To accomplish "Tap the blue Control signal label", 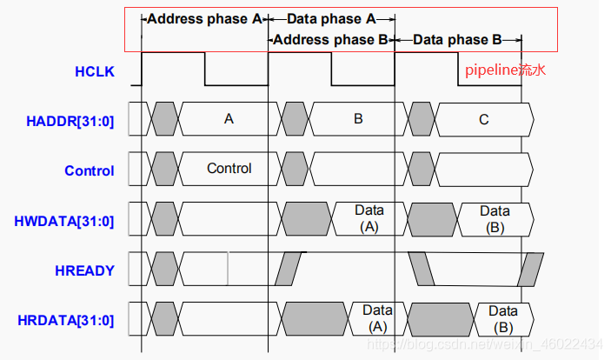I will (x=89, y=170).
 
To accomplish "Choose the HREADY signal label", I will (x=85, y=270).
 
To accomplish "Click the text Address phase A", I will (x=205, y=18).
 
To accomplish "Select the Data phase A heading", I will (x=331, y=18).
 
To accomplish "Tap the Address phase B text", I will (x=331, y=39).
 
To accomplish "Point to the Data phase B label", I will (x=458, y=39).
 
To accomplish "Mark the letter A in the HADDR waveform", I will (x=229, y=119).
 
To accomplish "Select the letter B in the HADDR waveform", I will (x=357, y=119).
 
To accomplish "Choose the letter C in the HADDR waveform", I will (x=483, y=119).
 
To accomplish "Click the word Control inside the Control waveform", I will (x=229, y=168).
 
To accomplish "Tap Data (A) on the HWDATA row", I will (x=369, y=218).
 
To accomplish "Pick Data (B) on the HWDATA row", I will (x=495, y=218).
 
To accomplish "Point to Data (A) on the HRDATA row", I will (x=377, y=318).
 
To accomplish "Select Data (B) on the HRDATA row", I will (x=502, y=318).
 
